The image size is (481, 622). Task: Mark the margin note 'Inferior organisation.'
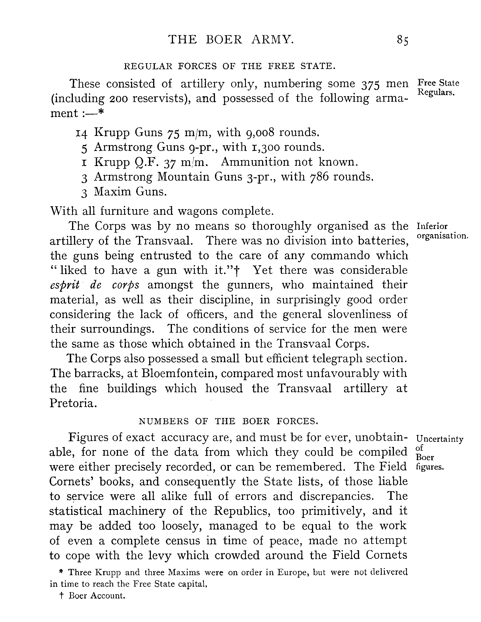(442, 231)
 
